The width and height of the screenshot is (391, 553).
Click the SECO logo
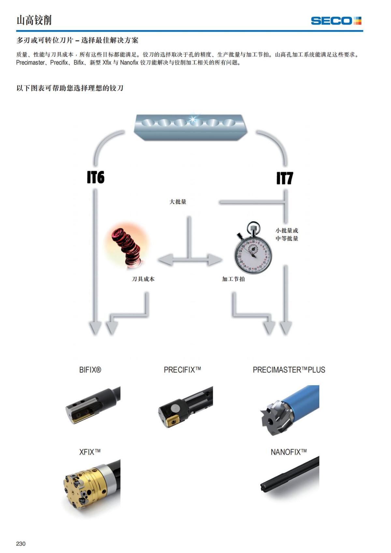point(336,21)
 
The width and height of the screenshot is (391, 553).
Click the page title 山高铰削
point(34,20)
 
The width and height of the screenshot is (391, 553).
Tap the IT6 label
point(95,177)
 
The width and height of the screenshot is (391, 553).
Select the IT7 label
point(284,178)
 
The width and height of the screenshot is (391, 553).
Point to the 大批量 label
point(178,202)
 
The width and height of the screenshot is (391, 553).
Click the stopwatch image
point(253,249)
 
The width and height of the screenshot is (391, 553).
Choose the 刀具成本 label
point(143,279)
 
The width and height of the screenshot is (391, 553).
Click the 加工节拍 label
point(233,279)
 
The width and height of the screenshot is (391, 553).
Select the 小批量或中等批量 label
point(287,234)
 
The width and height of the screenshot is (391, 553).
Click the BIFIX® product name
point(90,370)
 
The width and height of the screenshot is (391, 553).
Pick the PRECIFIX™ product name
point(182,370)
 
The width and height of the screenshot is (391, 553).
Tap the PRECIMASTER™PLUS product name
point(289,370)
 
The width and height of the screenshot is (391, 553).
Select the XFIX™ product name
point(90,452)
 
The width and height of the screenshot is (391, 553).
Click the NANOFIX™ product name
point(289,452)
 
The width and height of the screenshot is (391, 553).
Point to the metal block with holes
point(191,126)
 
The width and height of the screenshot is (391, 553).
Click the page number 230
point(21,544)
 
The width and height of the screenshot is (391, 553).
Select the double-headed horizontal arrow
point(190,260)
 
